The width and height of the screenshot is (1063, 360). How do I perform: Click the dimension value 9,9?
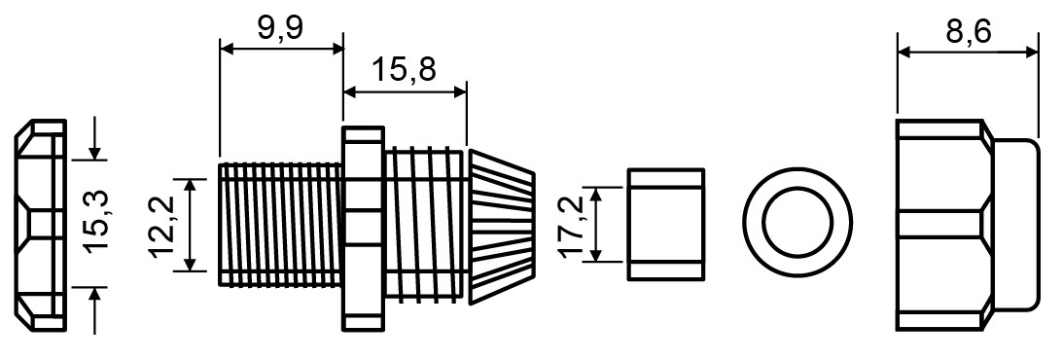279,28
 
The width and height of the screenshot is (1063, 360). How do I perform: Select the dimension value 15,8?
404,69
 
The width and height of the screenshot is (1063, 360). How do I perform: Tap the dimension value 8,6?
969,31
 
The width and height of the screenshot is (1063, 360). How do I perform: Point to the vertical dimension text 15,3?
97,223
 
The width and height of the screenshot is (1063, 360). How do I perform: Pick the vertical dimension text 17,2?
572,227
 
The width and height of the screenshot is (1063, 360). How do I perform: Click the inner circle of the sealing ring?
797,223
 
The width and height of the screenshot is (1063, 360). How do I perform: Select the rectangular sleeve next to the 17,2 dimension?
666,224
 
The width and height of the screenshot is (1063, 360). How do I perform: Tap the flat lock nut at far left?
41,225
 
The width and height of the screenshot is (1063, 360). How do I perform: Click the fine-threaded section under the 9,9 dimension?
281,223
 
